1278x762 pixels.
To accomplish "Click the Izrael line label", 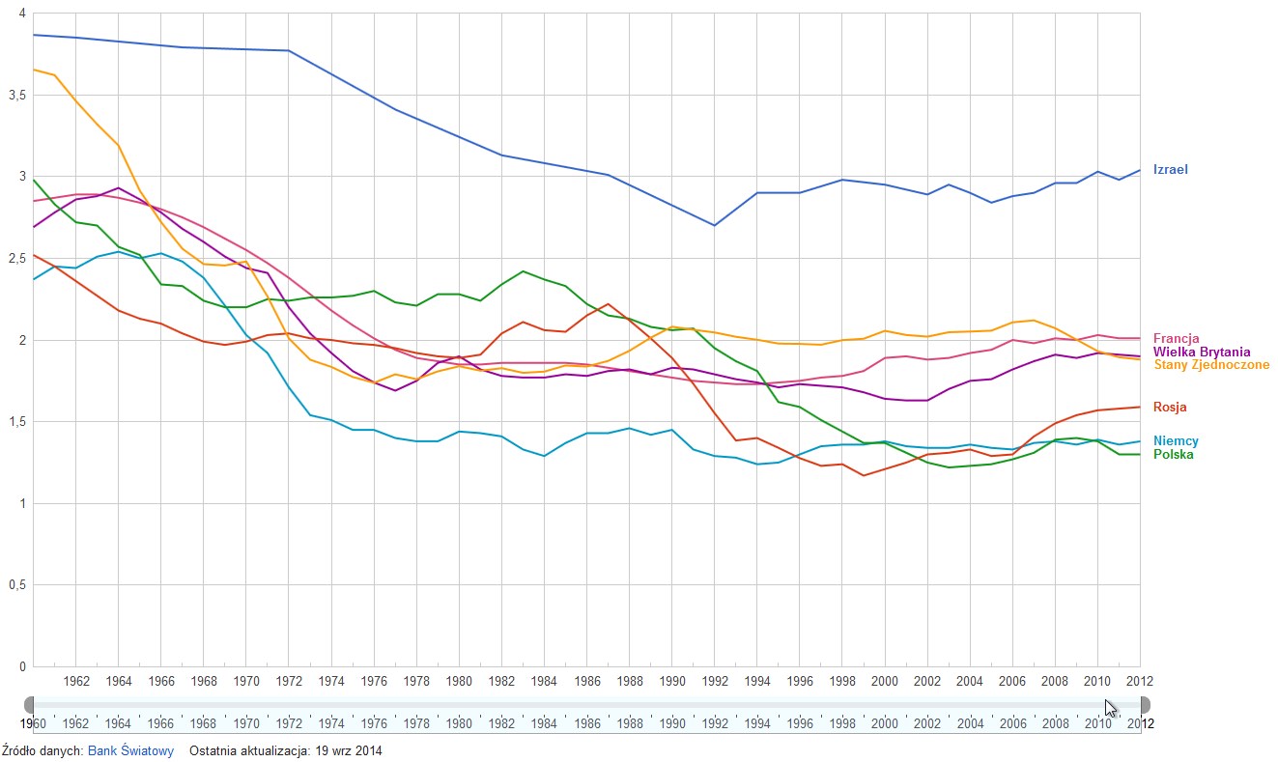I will pyautogui.click(x=1170, y=170).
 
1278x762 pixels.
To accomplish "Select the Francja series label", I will pyautogui.click(x=1176, y=339).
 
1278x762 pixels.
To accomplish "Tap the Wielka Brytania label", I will pyautogui.click(x=1201, y=353).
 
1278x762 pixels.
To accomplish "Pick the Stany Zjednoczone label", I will pyautogui.click(x=1211, y=365).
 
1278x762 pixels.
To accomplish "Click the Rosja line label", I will pyautogui.click(x=1170, y=408).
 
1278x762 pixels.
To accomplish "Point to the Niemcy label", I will pyautogui.click(x=1175, y=441).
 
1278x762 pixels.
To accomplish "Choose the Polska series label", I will pyautogui.click(x=1173, y=455).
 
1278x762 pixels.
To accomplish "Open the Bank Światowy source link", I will pyautogui.click(x=130, y=750).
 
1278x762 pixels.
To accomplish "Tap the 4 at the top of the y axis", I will pyautogui.click(x=21, y=14).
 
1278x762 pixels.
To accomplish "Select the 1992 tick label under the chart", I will pyautogui.click(x=714, y=681).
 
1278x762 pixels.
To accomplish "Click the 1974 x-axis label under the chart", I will pyautogui.click(x=331, y=681).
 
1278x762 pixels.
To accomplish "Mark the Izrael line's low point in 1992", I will pyautogui.click(x=714, y=225).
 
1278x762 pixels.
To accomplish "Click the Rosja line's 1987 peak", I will pyautogui.click(x=607, y=303).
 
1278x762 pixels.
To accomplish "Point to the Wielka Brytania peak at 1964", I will pyautogui.click(x=118, y=188).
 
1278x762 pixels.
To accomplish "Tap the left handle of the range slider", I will pyautogui.click(x=29, y=705).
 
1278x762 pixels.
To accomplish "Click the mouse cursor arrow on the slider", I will pyautogui.click(x=1111, y=708).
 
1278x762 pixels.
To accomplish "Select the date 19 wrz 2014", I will pyautogui.click(x=344, y=750).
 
